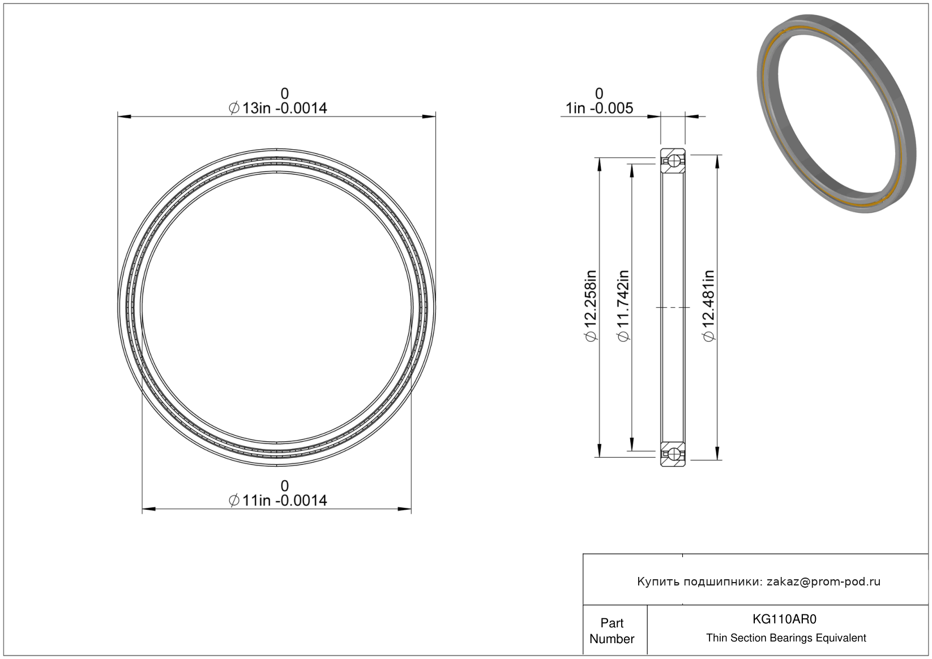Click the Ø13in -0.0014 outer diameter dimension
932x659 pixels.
(278, 108)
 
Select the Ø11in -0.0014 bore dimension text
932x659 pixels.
(278, 501)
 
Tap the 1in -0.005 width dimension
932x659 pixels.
(599, 108)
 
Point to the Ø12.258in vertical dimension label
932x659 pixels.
(591, 306)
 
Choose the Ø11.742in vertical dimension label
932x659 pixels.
(623, 306)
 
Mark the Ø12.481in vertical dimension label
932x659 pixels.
(708, 306)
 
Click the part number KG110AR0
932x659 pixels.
(784, 619)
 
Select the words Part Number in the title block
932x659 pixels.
(612, 631)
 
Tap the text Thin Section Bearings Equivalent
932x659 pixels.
(786, 638)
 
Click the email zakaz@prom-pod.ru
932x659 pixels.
(823, 582)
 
